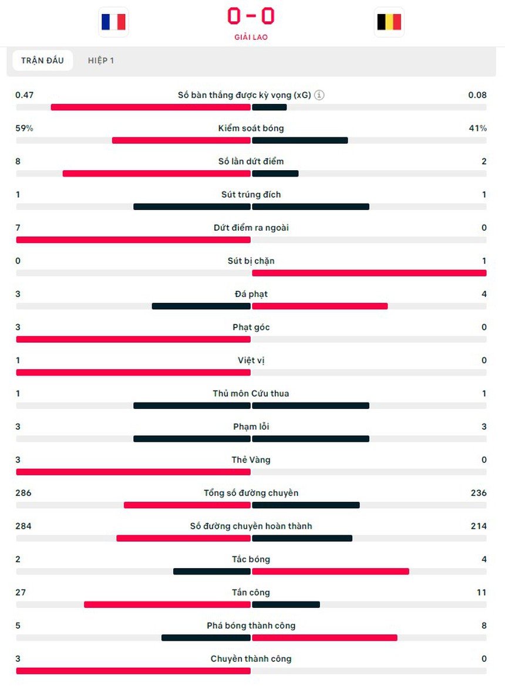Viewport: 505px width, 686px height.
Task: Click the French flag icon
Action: [x=113, y=22]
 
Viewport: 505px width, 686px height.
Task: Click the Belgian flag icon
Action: [x=389, y=22]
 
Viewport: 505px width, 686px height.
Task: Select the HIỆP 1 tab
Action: [x=101, y=60]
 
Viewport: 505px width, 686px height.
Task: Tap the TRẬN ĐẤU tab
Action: [x=42, y=60]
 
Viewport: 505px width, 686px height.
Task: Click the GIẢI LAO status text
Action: [x=251, y=37]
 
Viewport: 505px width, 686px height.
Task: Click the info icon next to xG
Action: [x=319, y=95]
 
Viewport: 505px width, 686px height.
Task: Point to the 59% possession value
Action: [x=24, y=128]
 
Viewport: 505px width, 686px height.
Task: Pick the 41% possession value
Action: [x=478, y=128]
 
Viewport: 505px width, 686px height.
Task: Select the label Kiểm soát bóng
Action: [x=251, y=128]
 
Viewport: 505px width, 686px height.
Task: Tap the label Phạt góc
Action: [x=251, y=327]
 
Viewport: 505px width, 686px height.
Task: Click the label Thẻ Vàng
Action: [x=251, y=459]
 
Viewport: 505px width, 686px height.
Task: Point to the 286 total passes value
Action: [x=23, y=493]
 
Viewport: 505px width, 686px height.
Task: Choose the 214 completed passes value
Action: [x=479, y=526]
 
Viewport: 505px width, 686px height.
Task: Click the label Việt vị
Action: [x=251, y=360]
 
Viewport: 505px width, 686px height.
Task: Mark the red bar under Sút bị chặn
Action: [x=369, y=273]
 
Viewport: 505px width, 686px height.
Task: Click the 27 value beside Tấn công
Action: [x=21, y=592]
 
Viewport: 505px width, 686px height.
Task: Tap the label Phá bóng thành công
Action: [x=251, y=626]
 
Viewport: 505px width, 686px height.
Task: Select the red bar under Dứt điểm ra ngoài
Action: [x=133, y=239]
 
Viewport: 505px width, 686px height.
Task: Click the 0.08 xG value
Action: [x=477, y=95]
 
